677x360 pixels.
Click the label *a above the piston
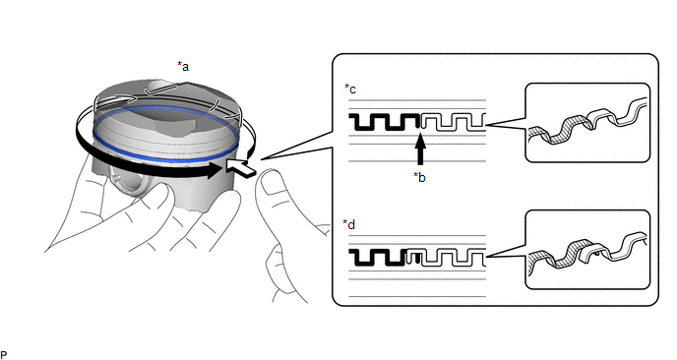[x=183, y=67]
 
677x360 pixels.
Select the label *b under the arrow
[x=419, y=177]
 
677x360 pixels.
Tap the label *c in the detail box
[x=350, y=89]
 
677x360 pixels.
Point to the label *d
[x=349, y=224]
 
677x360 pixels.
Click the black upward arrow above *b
[x=420, y=149]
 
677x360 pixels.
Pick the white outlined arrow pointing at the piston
[x=241, y=167]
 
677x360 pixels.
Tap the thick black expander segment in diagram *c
[x=385, y=122]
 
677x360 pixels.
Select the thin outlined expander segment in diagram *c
[x=454, y=122]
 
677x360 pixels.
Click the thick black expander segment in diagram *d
[x=378, y=258]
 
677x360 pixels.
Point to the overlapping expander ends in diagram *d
[x=413, y=258]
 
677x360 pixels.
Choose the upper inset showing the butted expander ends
[x=587, y=123]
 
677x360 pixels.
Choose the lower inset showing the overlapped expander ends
[x=587, y=250]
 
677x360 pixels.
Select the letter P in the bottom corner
[x=4, y=356]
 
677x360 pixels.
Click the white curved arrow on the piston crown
[x=116, y=100]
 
